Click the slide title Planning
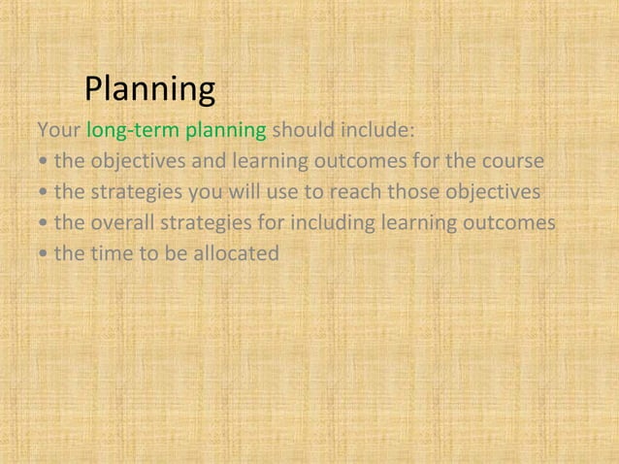pyautogui.click(x=149, y=90)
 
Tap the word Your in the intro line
pyautogui.click(x=59, y=129)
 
